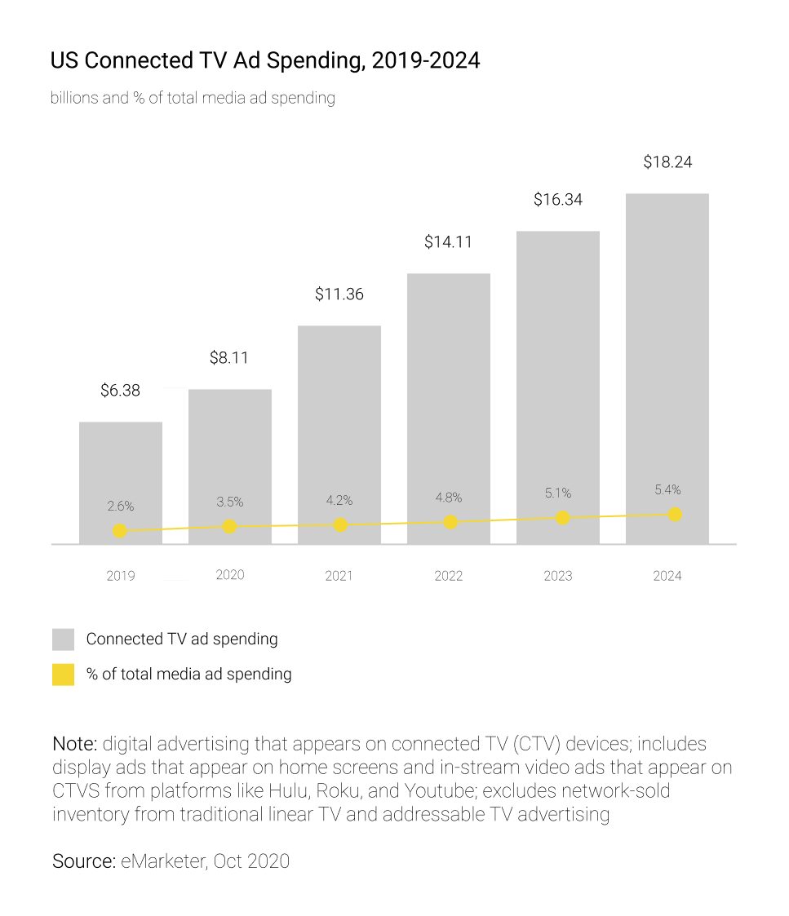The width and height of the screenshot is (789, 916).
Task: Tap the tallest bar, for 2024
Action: pos(667,351)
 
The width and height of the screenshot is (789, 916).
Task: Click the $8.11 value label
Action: pos(229,357)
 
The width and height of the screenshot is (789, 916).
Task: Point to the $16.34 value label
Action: pos(558,199)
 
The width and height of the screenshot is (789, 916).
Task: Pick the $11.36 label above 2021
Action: pos(339,294)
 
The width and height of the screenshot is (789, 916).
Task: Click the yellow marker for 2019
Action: pos(120,531)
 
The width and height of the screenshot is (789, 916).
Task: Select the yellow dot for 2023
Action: pos(562,518)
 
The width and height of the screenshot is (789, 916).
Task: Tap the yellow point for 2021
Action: pos(340,524)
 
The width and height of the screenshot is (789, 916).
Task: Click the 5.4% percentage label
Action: pos(667,490)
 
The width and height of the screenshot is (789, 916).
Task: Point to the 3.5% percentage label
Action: pos(229,502)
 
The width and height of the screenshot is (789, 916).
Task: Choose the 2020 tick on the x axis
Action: pos(229,575)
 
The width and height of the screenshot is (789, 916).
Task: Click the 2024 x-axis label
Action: pos(667,576)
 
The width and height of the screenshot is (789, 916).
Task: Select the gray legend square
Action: pos(63,639)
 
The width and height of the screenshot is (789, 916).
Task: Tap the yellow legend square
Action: pos(63,675)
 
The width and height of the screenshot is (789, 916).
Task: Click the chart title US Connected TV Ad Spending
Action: pos(264,61)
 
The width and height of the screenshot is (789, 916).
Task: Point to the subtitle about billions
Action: pos(193,98)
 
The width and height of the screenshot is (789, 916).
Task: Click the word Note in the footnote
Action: pos(74,744)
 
